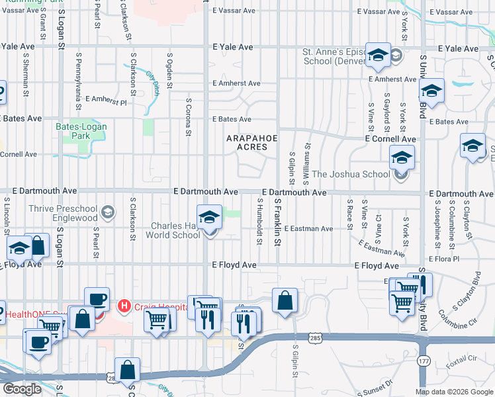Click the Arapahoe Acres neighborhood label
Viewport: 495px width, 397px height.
(x=252, y=142)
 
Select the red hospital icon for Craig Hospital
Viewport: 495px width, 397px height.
(x=123, y=306)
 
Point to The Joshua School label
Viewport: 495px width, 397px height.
(x=351, y=175)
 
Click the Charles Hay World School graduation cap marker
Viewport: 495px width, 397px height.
(x=209, y=216)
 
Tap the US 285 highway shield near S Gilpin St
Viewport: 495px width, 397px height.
(x=315, y=338)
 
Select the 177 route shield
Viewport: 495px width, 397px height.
(x=424, y=361)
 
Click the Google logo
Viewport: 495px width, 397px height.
(x=22, y=389)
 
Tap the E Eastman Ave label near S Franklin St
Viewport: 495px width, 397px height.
(x=310, y=228)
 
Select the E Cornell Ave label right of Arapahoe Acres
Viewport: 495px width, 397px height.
(x=390, y=140)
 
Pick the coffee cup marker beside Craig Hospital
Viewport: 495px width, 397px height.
(x=97, y=299)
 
